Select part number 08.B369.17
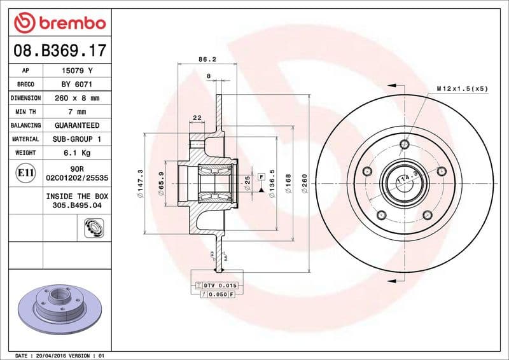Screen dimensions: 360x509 tap(57, 49)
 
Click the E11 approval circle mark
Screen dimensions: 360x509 tap(25, 172)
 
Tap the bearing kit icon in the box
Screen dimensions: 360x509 tap(94, 226)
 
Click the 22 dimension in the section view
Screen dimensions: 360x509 tap(197, 118)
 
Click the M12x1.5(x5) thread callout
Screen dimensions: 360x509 tap(462, 88)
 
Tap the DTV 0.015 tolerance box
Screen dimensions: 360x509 tap(218, 286)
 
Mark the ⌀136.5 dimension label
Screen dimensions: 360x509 tap(272, 184)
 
